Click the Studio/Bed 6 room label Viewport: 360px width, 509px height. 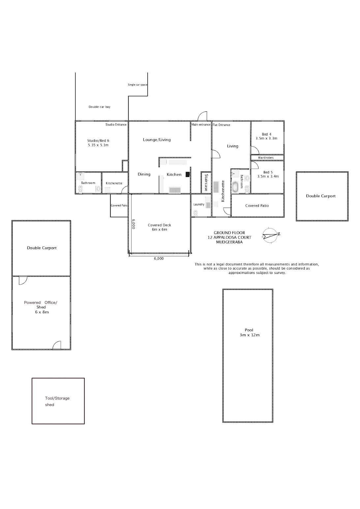[x=98, y=143]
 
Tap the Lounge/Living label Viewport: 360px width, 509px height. [x=157, y=140]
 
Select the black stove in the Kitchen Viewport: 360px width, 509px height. [x=188, y=174]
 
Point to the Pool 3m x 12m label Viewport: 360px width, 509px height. [x=249, y=332]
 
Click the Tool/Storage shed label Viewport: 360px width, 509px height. [x=57, y=401]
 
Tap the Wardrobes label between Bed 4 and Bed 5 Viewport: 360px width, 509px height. [x=265, y=158]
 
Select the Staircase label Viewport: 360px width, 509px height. [x=206, y=182]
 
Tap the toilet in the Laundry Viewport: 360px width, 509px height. [x=195, y=213]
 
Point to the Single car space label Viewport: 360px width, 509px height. [x=137, y=85]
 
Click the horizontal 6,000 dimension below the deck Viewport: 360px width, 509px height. [x=159, y=258]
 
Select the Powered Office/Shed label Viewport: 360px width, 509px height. [x=41, y=307]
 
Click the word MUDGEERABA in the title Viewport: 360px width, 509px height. [x=229, y=242]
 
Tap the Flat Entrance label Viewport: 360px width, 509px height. [x=221, y=125]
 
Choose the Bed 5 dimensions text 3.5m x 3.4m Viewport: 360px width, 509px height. [x=268, y=176]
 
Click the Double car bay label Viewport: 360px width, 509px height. [x=99, y=107]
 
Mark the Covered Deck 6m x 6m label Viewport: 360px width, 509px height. [x=159, y=227]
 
